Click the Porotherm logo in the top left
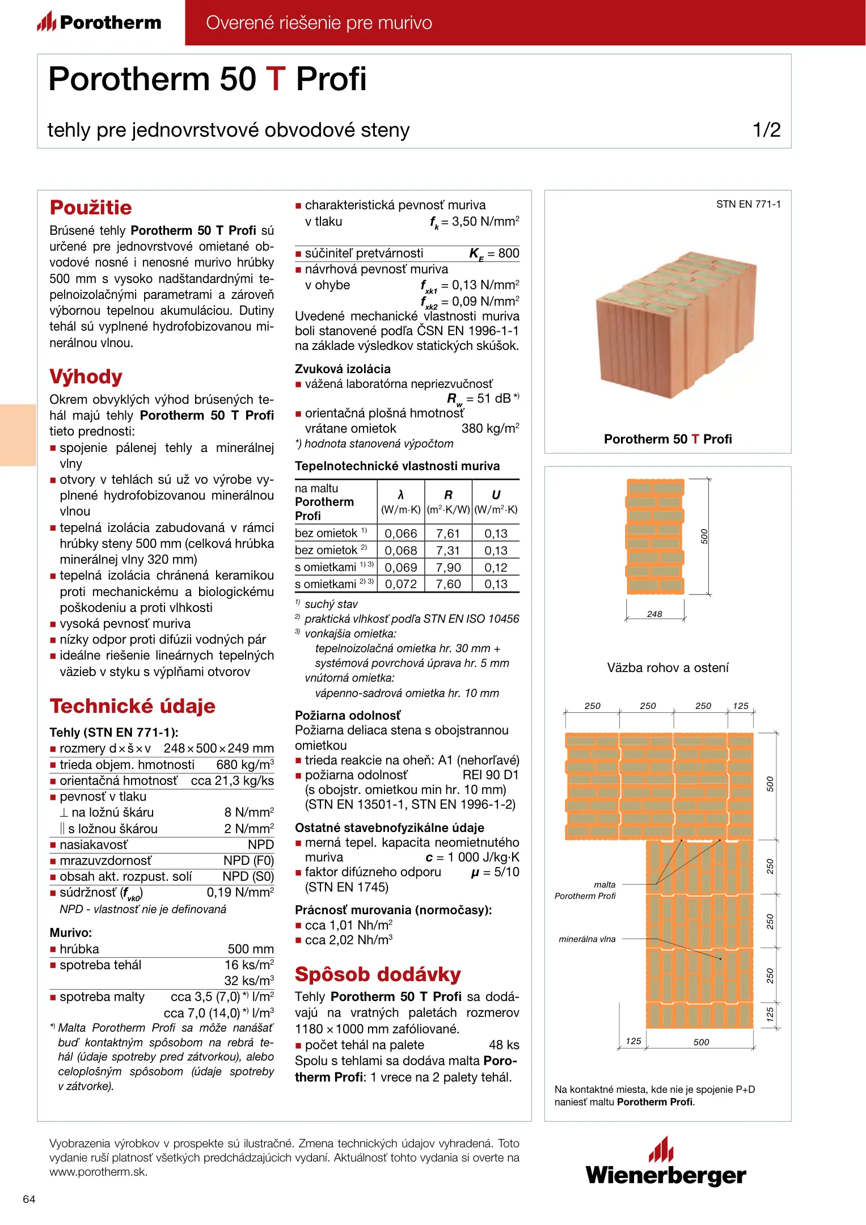(99, 22)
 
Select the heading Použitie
(91, 208)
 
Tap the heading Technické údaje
(133, 706)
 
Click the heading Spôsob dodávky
(378, 974)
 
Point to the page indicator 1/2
(766, 130)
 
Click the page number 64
(29, 1199)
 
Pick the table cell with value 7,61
(448, 533)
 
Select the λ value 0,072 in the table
(401, 584)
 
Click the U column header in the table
(496, 495)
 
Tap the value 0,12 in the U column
(496, 567)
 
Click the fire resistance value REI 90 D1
(491, 775)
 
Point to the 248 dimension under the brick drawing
(654, 614)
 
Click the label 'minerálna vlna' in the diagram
(587, 939)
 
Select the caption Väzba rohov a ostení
(668, 668)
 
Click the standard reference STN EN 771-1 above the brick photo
(748, 204)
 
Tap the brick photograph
(675, 323)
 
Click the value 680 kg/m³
(245, 765)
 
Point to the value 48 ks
(504, 1045)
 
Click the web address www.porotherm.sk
(99, 1172)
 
